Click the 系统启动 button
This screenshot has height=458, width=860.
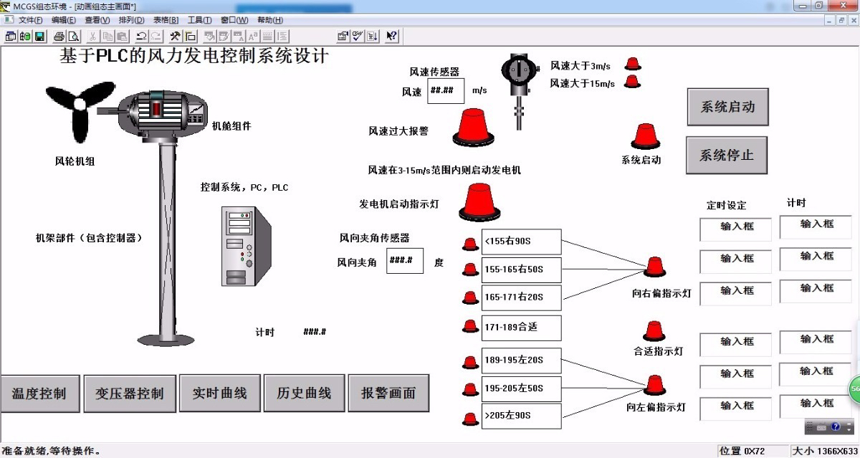click(x=727, y=108)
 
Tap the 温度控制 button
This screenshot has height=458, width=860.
click(x=39, y=393)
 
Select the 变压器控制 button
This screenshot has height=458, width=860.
click(x=130, y=393)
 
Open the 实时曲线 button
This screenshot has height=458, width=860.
click(x=219, y=393)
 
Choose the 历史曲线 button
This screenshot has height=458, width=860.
click(x=304, y=393)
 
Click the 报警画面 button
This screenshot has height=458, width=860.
click(x=388, y=393)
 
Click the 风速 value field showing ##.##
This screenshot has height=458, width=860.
click(x=446, y=91)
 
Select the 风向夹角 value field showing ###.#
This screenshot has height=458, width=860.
click(x=405, y=261)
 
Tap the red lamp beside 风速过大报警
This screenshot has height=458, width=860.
click(x=472, y=127)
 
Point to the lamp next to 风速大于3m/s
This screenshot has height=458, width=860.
click(x=633, y=64)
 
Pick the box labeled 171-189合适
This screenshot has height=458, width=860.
click(x=521, y=328)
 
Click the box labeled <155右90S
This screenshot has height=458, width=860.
click(x=521, y=242)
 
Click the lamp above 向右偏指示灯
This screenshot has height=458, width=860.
click(x=654, y=267)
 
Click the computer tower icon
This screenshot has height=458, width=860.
click(x=243, y=246)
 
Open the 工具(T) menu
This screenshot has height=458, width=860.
click(x=199, y=20)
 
